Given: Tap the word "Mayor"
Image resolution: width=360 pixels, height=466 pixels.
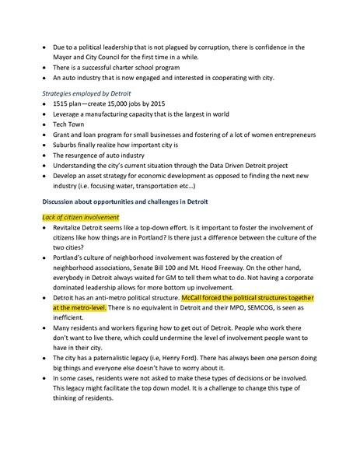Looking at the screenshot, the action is [63, 57].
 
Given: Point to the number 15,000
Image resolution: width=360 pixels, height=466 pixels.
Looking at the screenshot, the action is [114, 103].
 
